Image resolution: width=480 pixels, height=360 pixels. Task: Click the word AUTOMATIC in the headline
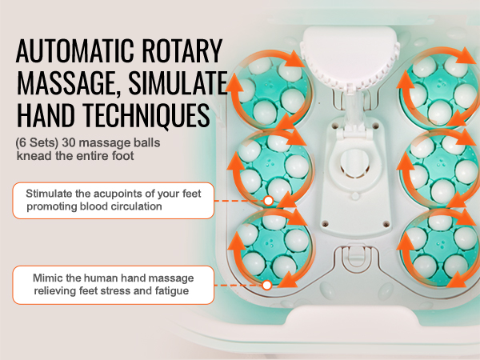pos(75,51)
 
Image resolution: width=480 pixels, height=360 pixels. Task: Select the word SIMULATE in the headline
pos(178,82)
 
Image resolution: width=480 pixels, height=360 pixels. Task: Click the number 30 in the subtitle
pos(69,143)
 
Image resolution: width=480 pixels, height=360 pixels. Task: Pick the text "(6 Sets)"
pos(37,143)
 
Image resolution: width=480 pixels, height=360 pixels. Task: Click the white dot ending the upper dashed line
pos(269,201)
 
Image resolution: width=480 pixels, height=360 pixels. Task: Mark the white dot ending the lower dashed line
pos(267,285)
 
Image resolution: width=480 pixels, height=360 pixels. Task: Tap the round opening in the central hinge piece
pos(354,163)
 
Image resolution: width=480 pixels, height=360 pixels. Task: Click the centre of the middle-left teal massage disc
pos(272,167)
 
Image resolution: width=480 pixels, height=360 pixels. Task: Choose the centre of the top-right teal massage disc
pos(439,88)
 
